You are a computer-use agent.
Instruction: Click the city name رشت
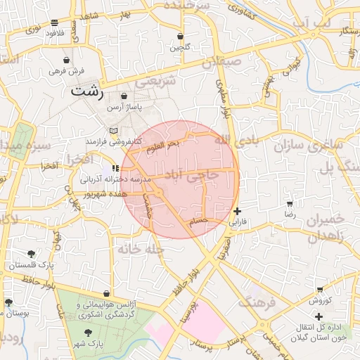pyautogui.click(x=87, y=91)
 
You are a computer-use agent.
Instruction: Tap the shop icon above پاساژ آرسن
pyautogui.click(x=124, y=96)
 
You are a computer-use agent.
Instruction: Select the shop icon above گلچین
pyautogui.click(x=181, y=36)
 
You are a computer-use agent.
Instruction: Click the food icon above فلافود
pyautogui.click(x=56, y=22)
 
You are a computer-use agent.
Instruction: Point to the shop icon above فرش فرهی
pyautogui.click(x=67, y=60)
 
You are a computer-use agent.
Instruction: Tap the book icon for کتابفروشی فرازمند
pyautogui.click(x=114, y=129)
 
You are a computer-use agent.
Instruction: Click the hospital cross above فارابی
pyautogui.click(x=237, y=211)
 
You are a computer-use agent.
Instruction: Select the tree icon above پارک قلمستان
pyautogui.click(x=31, y=254)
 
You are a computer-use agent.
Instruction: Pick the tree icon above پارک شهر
pyautogui.click(x=88, y=333)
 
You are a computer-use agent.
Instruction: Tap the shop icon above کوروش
pyautogui.click(x=321, y=289)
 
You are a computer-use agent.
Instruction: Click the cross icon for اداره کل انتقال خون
pyautogui.click(x=320, y=317)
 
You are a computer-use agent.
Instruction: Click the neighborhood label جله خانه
pyautogui.click(x=141, y=249)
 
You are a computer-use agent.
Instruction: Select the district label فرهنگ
pyautogui.click(x=254, y=303)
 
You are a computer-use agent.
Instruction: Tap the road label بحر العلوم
pyautogui.click(x=163, y=144)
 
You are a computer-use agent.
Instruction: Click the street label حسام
pyautogui.click(x=200, y=221)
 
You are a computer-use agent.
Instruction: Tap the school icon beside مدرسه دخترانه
pyautogui.click(x=115, y=168)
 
